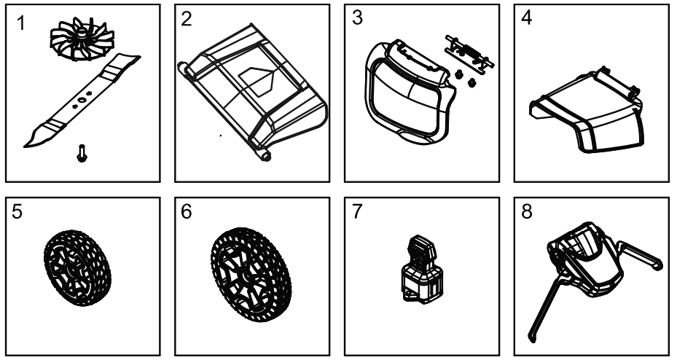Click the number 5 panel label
coord(18,211)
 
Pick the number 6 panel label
coord(187,211)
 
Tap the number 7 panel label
coord(357,211)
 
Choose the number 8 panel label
coord(528,211)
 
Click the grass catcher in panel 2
coord(251,91)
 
